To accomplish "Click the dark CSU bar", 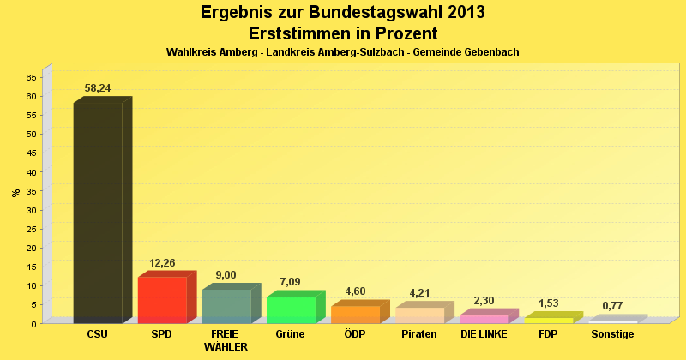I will [x=98, y=213].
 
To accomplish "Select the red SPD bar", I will [x=162, y=299].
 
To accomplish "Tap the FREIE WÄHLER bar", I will [x=226, y=306].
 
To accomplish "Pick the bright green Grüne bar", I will [x=291, y=309].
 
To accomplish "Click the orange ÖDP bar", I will [x=355, y=314].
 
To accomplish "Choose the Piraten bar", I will [x=419, y=315].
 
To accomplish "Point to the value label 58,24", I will [x=98, y=88].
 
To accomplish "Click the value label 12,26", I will [x=162, y=262].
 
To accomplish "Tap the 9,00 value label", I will [x=226, y=275].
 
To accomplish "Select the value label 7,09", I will [x=291, y=282].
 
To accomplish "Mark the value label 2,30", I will [x=484, y=301].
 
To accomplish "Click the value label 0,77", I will [x=613, y=306].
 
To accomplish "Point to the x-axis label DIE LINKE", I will [x=484, y=334].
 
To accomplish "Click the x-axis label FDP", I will [x=549, y=334].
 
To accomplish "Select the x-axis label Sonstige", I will [x=613, y=334].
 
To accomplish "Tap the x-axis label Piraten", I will [x=419, y=334].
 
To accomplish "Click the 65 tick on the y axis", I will [x=31, y=77].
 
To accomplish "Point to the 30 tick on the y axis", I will [x=31, y=210].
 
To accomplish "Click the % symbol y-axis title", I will [x=15, y=192].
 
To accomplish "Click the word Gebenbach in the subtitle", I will [x=488, y=52].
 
